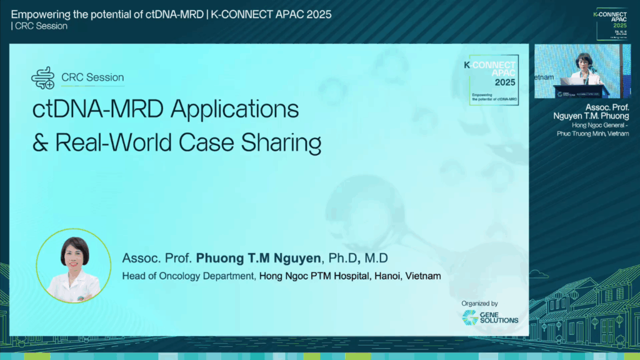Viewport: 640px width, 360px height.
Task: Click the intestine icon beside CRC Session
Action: (43, 78)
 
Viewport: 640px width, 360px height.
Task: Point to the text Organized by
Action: (480, 303)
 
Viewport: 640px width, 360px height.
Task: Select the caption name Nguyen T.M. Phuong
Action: (590, 116)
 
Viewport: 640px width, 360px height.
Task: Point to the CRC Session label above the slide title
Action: (92, 78)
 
